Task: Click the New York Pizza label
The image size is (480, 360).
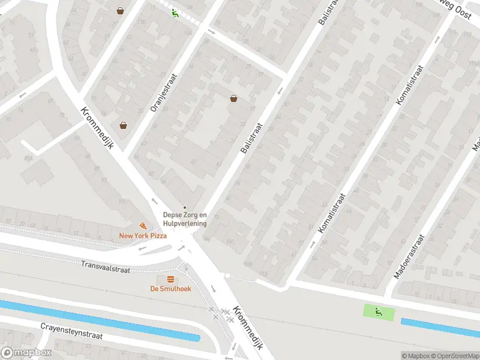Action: [x=143, y=236]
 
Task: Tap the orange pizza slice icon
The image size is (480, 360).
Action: [x=143, y=226]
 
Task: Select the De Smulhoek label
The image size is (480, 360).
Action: [x=170, y=288]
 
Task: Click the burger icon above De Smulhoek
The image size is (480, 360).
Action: [x=170, y=279]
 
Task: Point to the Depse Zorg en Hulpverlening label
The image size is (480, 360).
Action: [x=185, y=219]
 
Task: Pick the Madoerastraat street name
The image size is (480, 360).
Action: [x=410, y=256]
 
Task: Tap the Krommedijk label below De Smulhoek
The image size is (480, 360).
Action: [x=248, y=328]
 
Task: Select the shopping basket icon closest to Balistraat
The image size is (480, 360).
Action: [x=233, y=98]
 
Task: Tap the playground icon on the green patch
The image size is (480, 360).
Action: [x=379, y=311]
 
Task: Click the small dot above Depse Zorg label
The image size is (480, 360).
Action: [x=185, y=208]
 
